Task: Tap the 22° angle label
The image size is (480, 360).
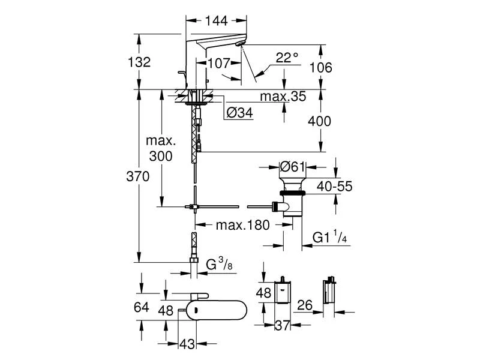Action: (287, 58)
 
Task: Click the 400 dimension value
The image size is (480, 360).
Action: (319, 121)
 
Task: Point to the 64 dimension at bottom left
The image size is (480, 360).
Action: (141, 307)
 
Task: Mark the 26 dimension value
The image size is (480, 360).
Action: (305, 305)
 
